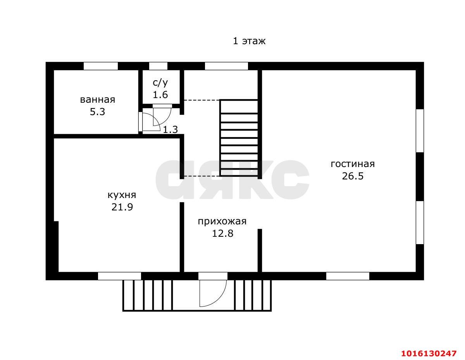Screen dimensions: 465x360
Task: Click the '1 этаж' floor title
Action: click(x=249, y=41)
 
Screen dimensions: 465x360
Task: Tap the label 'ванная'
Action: click(x=98, y=100)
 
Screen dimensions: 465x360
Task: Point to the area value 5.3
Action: click(x=97, y=112)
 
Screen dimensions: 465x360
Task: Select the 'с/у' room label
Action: click(x=160, y=83)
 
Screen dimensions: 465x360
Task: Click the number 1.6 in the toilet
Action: click(x=160, y=95)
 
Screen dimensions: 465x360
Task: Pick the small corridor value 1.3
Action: click(x=170, y=130)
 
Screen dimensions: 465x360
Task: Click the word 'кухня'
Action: click(x=122, y=195)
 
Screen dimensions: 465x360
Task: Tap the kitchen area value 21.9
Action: click(x=122, y=207)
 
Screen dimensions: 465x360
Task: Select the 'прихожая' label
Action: click(x=222, y=221)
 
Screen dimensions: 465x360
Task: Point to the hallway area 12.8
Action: click(x=222, y=233)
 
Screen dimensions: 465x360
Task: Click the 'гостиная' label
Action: click(x=353, y=164)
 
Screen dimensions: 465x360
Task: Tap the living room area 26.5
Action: click(x=353, y=176)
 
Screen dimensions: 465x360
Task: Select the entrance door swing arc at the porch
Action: click(x=220, y=297)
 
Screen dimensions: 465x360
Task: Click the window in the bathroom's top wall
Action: click(x=101, y=66)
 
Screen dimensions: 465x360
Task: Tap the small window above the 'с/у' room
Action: click(x=158, y=66)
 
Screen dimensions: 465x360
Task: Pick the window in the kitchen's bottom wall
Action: click(x=119, y=276)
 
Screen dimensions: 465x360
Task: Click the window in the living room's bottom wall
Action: click(x=348, y=276)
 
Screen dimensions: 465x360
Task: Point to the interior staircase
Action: click(x=239, y=138)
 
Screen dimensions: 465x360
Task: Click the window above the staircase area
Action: click(x=226, y=66)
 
